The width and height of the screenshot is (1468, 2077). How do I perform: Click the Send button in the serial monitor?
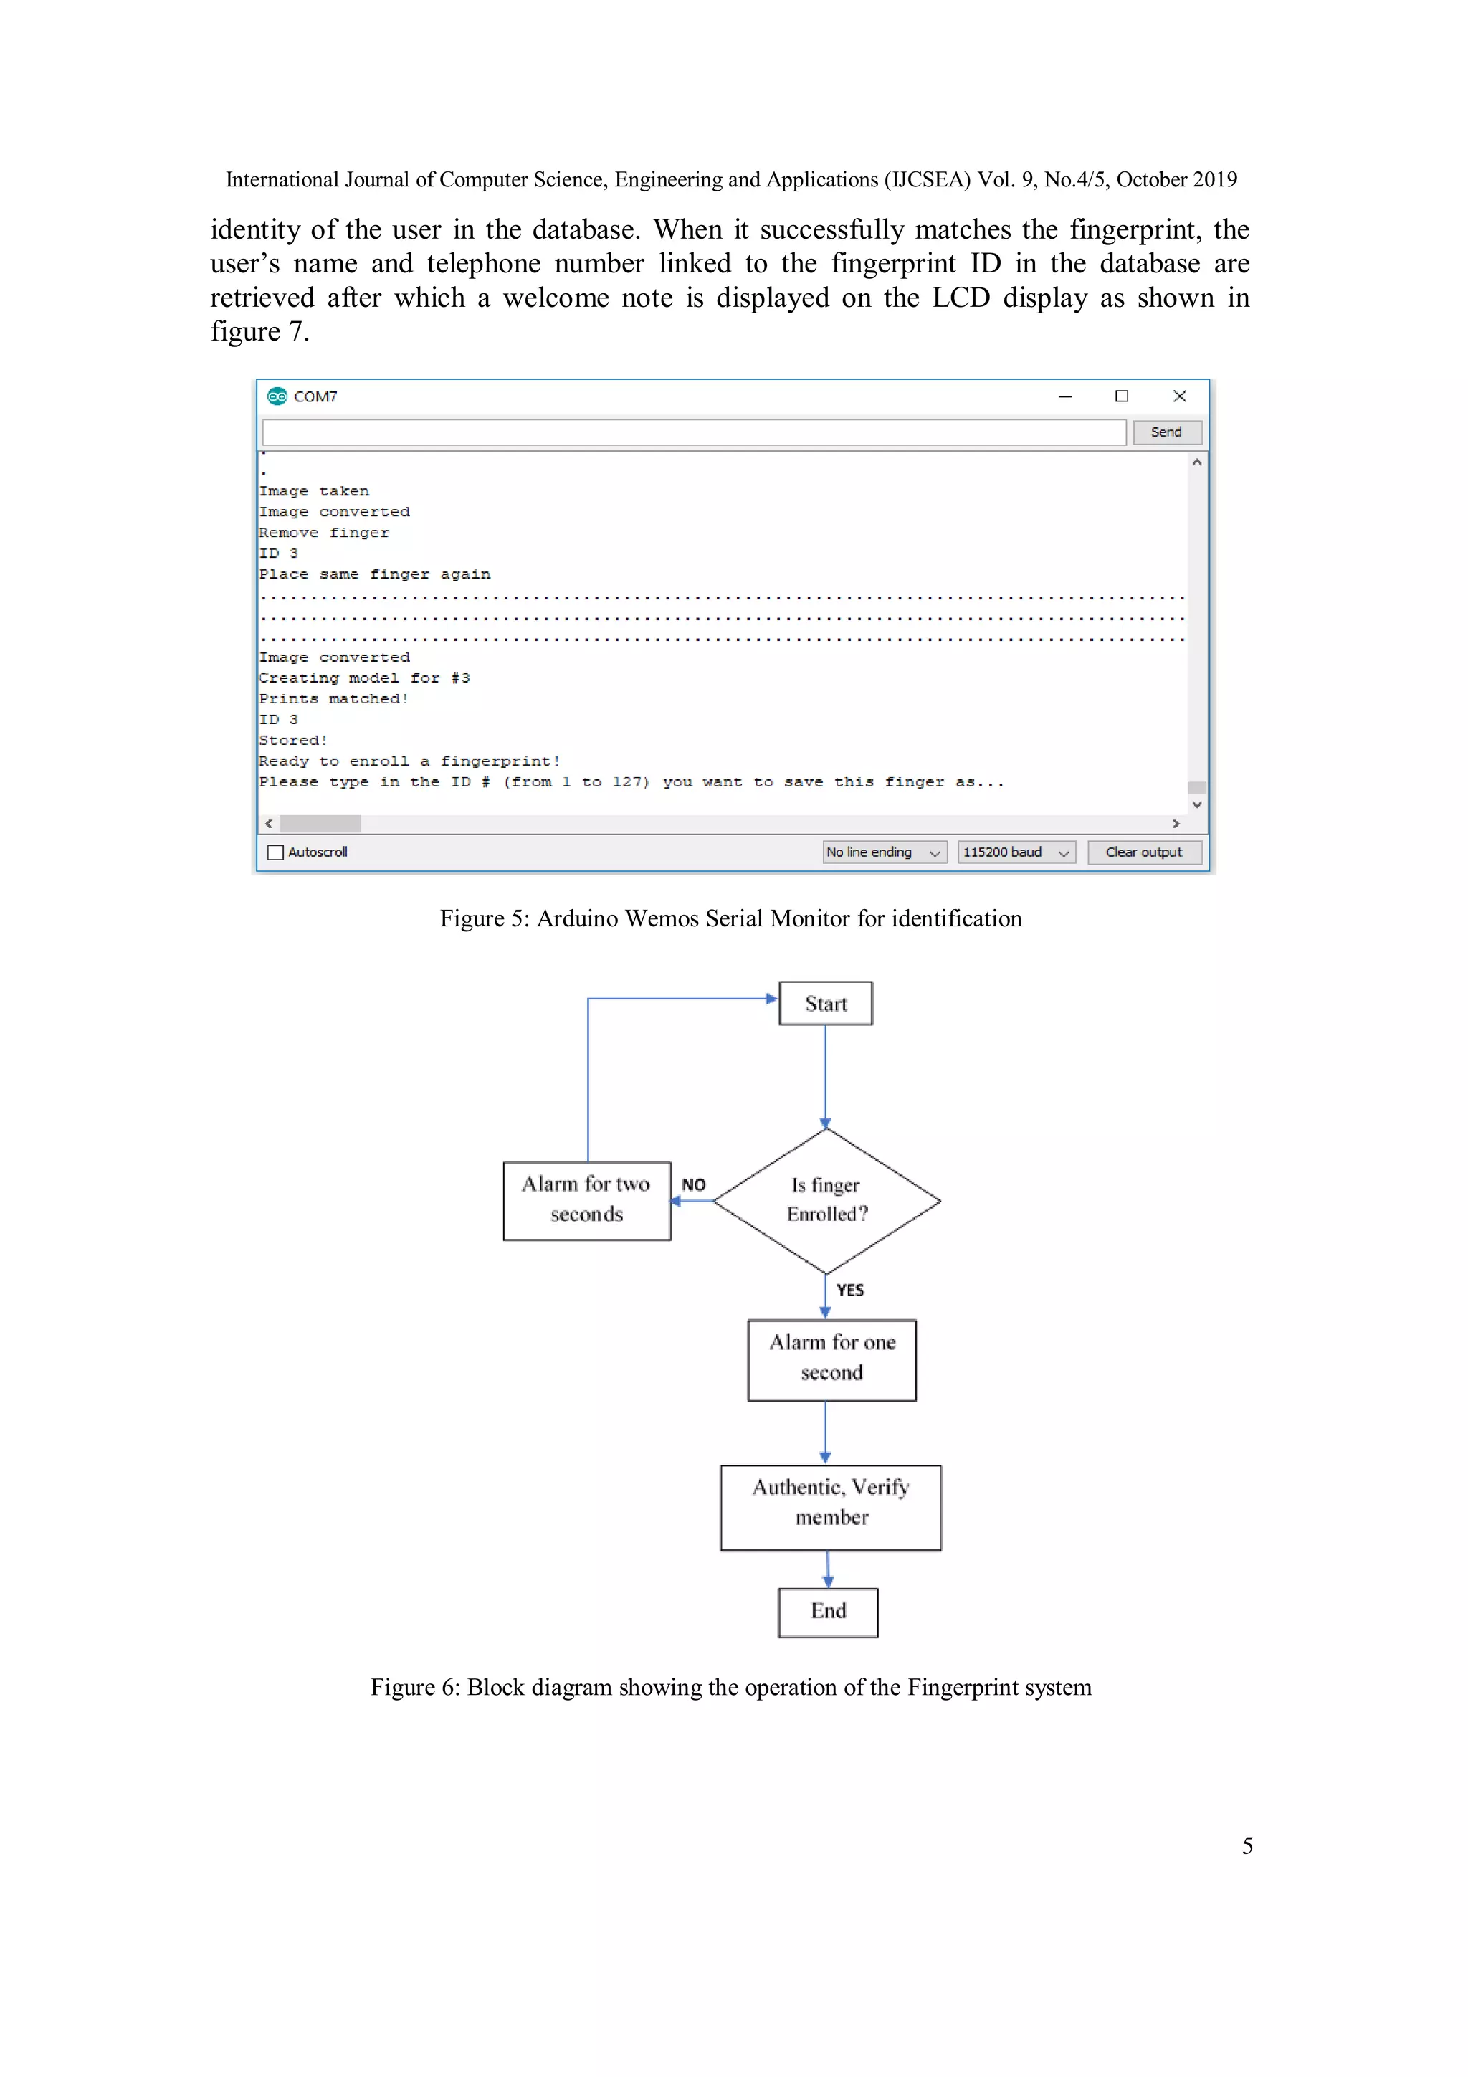click(1166, 432)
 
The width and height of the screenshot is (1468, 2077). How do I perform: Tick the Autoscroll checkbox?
click(276, 852)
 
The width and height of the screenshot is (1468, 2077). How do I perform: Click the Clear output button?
click(1143, 852)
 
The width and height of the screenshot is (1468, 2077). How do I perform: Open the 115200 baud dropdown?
click(1016, 852)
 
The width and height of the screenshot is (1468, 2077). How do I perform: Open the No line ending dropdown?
click(883, 852)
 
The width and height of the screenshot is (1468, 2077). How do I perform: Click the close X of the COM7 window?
click(1179, 396)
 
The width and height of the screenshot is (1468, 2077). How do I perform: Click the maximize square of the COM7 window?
click(1122, 396)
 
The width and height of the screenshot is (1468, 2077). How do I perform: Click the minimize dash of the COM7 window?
click(1064, 396)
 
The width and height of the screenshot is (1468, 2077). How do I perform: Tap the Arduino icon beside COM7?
click(277, 396)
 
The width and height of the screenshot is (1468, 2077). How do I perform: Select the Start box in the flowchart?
click(826, 1003)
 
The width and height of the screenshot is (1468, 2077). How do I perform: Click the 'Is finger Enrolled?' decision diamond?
click(826, 1200)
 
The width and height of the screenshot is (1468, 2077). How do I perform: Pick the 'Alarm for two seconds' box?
click(587, 1200)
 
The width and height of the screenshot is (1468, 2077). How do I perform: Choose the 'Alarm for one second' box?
click(831, 1359)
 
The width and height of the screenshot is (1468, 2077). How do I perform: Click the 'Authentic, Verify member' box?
click(830, 1507)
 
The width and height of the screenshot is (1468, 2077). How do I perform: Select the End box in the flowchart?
click(828, 1612)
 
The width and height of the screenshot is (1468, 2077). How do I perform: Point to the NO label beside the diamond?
click(694, 1185)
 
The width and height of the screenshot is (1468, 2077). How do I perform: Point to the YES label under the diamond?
click(850, 1290)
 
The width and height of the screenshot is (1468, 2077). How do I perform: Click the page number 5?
click(1247, 1845)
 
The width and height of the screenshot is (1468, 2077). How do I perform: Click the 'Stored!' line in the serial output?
click(293, 741)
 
